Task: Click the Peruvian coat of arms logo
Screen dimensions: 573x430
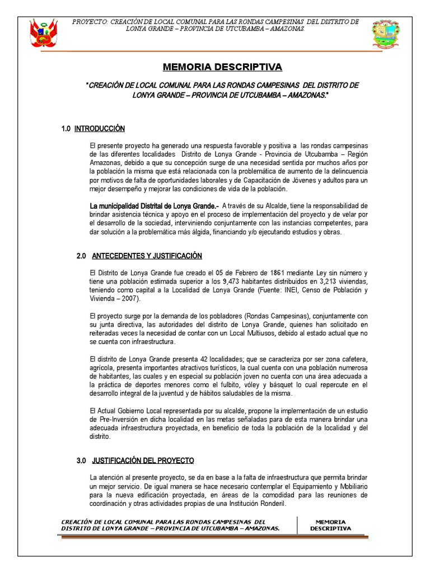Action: coord(44,34)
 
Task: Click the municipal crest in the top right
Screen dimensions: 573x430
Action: coord(386,34)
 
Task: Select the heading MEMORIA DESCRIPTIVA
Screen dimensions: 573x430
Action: coord(223,68)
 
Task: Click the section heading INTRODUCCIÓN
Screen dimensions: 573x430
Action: coord(100,129)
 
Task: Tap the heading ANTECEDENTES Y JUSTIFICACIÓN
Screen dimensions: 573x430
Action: coord(146,256)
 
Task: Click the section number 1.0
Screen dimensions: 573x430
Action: coord(66,129)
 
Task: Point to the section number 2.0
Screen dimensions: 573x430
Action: coord(81,256)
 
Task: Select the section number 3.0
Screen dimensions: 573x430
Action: coord(81,461)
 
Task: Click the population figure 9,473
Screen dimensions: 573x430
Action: coord(232,281)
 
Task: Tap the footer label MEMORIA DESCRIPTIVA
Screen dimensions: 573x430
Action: coord(330,525)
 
